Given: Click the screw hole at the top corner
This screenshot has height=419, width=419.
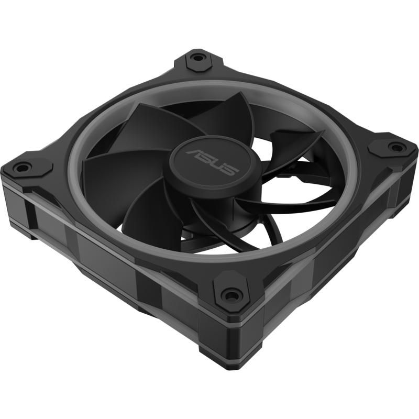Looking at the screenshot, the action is tap(198, 57).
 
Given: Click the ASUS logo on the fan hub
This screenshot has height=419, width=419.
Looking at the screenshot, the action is tap(212, 162).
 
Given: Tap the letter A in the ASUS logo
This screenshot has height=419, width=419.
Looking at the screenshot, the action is tap(195, 153).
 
